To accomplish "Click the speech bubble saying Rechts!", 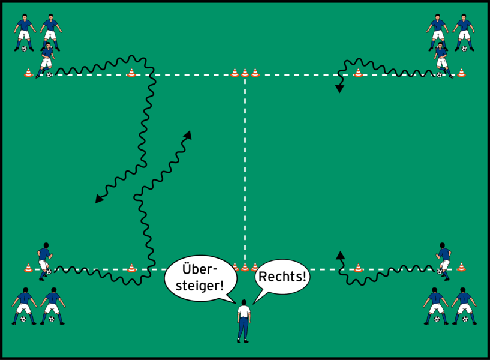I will [x=282, y=278].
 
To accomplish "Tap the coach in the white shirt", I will [x=244, y=321].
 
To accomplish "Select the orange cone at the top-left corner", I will [x=28, y=73].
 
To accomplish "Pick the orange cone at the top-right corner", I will [x=461, y=73].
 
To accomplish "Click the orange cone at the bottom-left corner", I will [x=28, y=268].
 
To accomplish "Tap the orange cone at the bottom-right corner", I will [x=461, y=268].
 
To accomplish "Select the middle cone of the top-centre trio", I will [x=245, y=73].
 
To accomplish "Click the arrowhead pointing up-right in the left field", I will [x=188, y=135].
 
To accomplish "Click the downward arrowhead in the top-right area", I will [x=339, y=89].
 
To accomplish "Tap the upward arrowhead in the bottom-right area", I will [x=340, y=255].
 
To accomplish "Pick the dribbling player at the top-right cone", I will [x=442, y=59].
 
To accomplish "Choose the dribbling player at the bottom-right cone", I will [x=444, y=259].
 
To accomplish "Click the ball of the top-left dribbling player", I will [x=49, y=75].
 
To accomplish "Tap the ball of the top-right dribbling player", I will [x=440, y=75].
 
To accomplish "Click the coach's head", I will [x=244, y=302].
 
